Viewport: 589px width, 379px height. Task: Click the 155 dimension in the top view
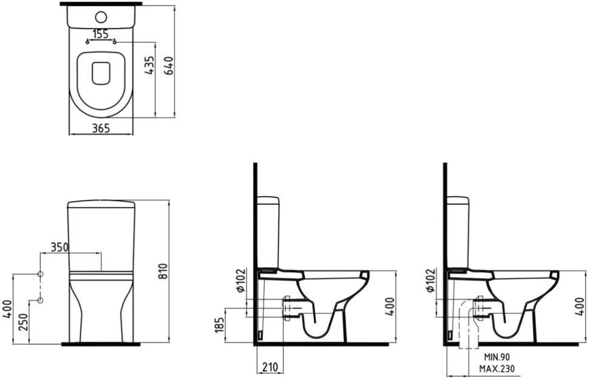click(x=101, y=34)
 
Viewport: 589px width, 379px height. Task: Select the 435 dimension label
click(x=149, y=66)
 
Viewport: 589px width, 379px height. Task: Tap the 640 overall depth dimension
click(x=169, y=66)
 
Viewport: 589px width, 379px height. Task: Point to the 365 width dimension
click(x=101, y=129)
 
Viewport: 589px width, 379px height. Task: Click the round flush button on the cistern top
click(x=101, y=16)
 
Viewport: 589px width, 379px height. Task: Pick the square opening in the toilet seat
click(x=101, y=72)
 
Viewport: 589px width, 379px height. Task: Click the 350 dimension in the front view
click(x=60, y=247)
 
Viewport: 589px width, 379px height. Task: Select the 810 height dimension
click(x=162, y=271)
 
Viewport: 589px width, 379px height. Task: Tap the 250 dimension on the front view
click(x=23, y=322)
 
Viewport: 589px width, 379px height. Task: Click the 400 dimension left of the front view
click(x=7, y=308)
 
